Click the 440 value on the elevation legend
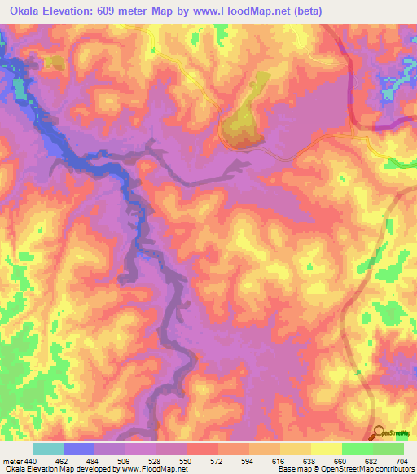click(x=29, y=461)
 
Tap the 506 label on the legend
click(x=113, y=461)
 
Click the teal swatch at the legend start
click(x=48, y=449)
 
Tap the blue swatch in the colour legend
click(x=79, y=449)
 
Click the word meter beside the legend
click(x=11, y=461)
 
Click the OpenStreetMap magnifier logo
click(x=379, y=432)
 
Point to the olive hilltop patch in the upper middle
click(x=243, y=121)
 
